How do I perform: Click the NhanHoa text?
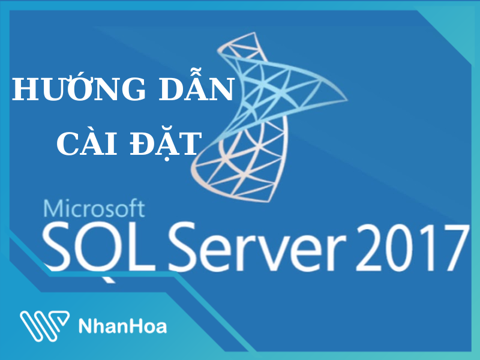click(x=122, y=326)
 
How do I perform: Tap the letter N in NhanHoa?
click(x=85, y=326)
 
